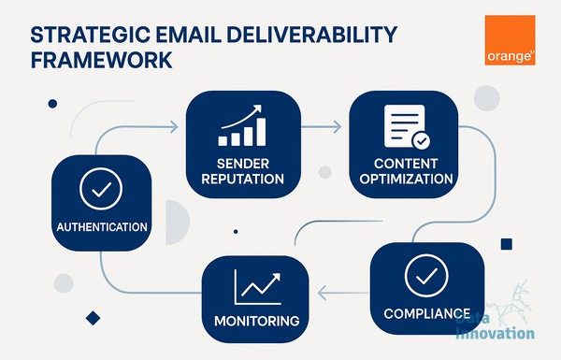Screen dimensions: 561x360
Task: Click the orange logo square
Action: tap(510, 40)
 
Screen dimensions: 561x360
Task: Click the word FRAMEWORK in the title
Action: tap(102, 60)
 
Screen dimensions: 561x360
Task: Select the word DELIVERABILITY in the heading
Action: tap(311, 35)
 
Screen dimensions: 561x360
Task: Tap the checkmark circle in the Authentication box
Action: tap(101, 189)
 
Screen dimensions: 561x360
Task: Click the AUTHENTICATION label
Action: tap(102, 227)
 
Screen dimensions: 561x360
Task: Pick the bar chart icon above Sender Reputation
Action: tap(242, 125)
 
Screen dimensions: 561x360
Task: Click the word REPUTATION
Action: tap(242, 179)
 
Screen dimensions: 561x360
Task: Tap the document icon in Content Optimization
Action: tap(407, 126)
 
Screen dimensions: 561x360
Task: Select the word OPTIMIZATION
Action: tap(406, 179)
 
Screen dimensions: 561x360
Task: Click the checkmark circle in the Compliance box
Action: tap(426, 276)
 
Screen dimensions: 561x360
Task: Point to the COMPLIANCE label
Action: tap(427, 314)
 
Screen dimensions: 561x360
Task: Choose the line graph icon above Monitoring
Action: tap(258, 287)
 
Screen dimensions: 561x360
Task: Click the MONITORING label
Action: tap(257, 321)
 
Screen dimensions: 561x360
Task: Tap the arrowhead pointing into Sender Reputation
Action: tap(174, 127)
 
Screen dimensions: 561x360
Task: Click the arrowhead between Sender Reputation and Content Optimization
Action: tap(337, 127)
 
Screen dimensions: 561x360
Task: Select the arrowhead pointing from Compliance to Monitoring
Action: tap(322, 293)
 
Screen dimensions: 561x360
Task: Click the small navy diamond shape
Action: tap(93, 318)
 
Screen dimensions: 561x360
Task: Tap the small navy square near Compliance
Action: tap(506, 244)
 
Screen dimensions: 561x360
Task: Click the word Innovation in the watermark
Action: tap(496, 333)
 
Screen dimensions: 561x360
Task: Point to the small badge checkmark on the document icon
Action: tap(422, 141)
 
